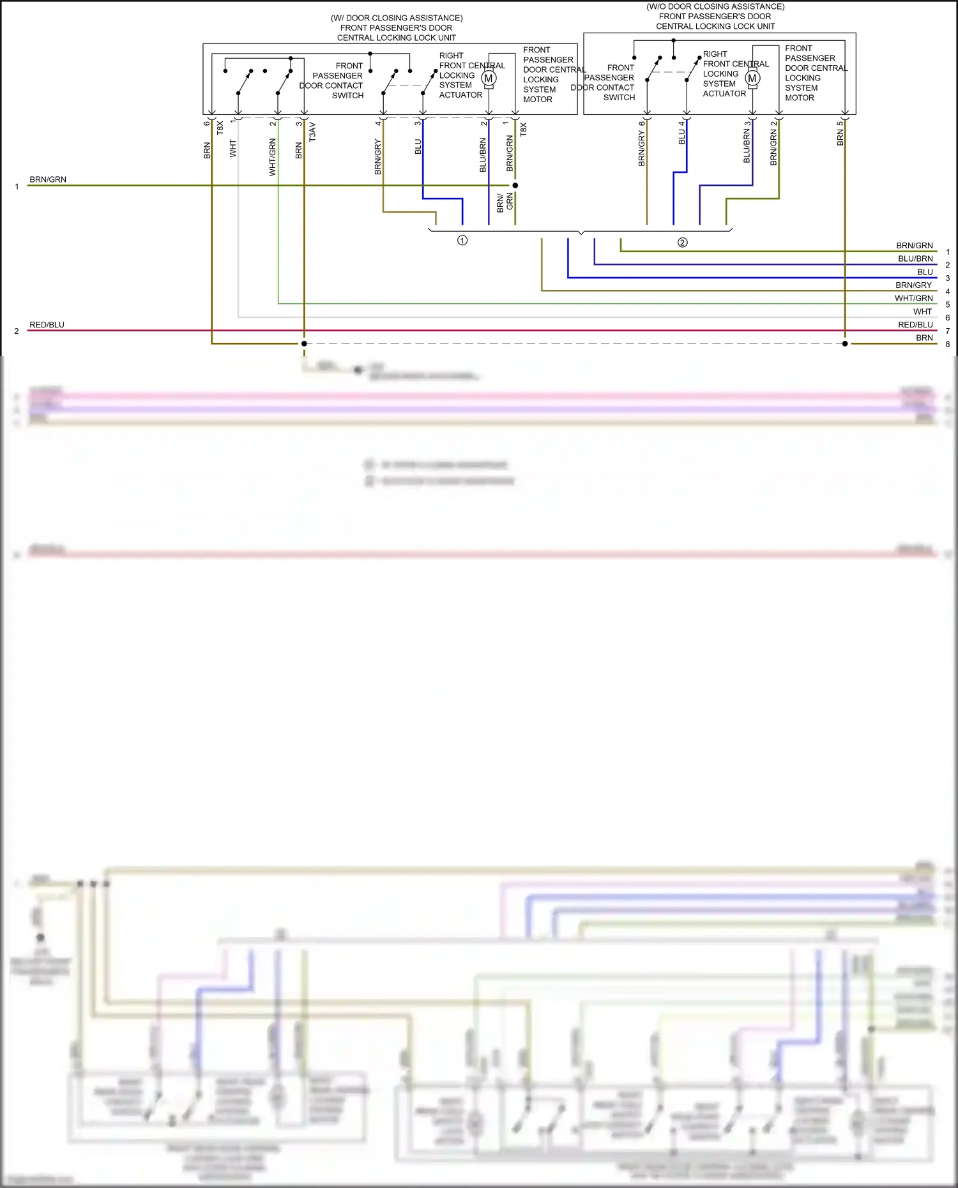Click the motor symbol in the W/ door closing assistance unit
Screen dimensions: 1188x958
[489, 79]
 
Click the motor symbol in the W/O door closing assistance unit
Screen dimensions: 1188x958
[752, 78]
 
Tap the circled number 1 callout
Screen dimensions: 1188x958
[462, 241]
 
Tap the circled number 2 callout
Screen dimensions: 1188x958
[682, 243]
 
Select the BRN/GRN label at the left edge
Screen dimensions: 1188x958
[48, 179]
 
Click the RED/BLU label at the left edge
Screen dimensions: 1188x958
[47, 324]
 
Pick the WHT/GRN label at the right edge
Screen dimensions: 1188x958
[913, 298]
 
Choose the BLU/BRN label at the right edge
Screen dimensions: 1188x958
[915, 259]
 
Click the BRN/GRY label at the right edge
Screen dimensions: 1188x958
[913, 285]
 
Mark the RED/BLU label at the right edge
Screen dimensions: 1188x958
[915, 324]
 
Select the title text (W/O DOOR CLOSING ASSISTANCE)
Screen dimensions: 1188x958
[715, 6]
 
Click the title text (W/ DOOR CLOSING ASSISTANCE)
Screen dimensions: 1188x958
[397, 18]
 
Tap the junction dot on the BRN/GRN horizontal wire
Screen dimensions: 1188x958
[515, 186]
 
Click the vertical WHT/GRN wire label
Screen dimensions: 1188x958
[273, 157]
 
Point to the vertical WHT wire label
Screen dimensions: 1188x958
[232, 149]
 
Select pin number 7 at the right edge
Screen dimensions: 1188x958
[948, 331]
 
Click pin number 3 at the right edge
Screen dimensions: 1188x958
[948, 278]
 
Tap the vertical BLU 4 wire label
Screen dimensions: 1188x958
[681, 132]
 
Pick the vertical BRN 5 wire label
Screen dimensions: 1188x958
[840, 134]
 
